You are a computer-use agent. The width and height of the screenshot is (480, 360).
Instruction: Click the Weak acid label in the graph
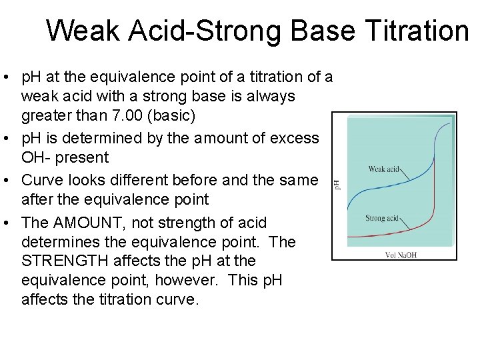click(x=384, y=169)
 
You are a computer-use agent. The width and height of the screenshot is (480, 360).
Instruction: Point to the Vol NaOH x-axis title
click(x=401, y=255)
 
